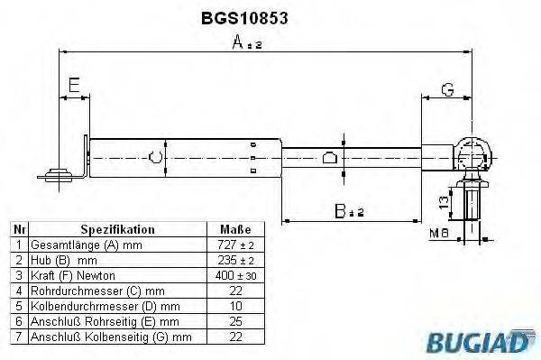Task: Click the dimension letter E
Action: (x=75, y=87)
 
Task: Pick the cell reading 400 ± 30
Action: (x=235, y=274)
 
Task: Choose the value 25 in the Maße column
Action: (x=235, y=320)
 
